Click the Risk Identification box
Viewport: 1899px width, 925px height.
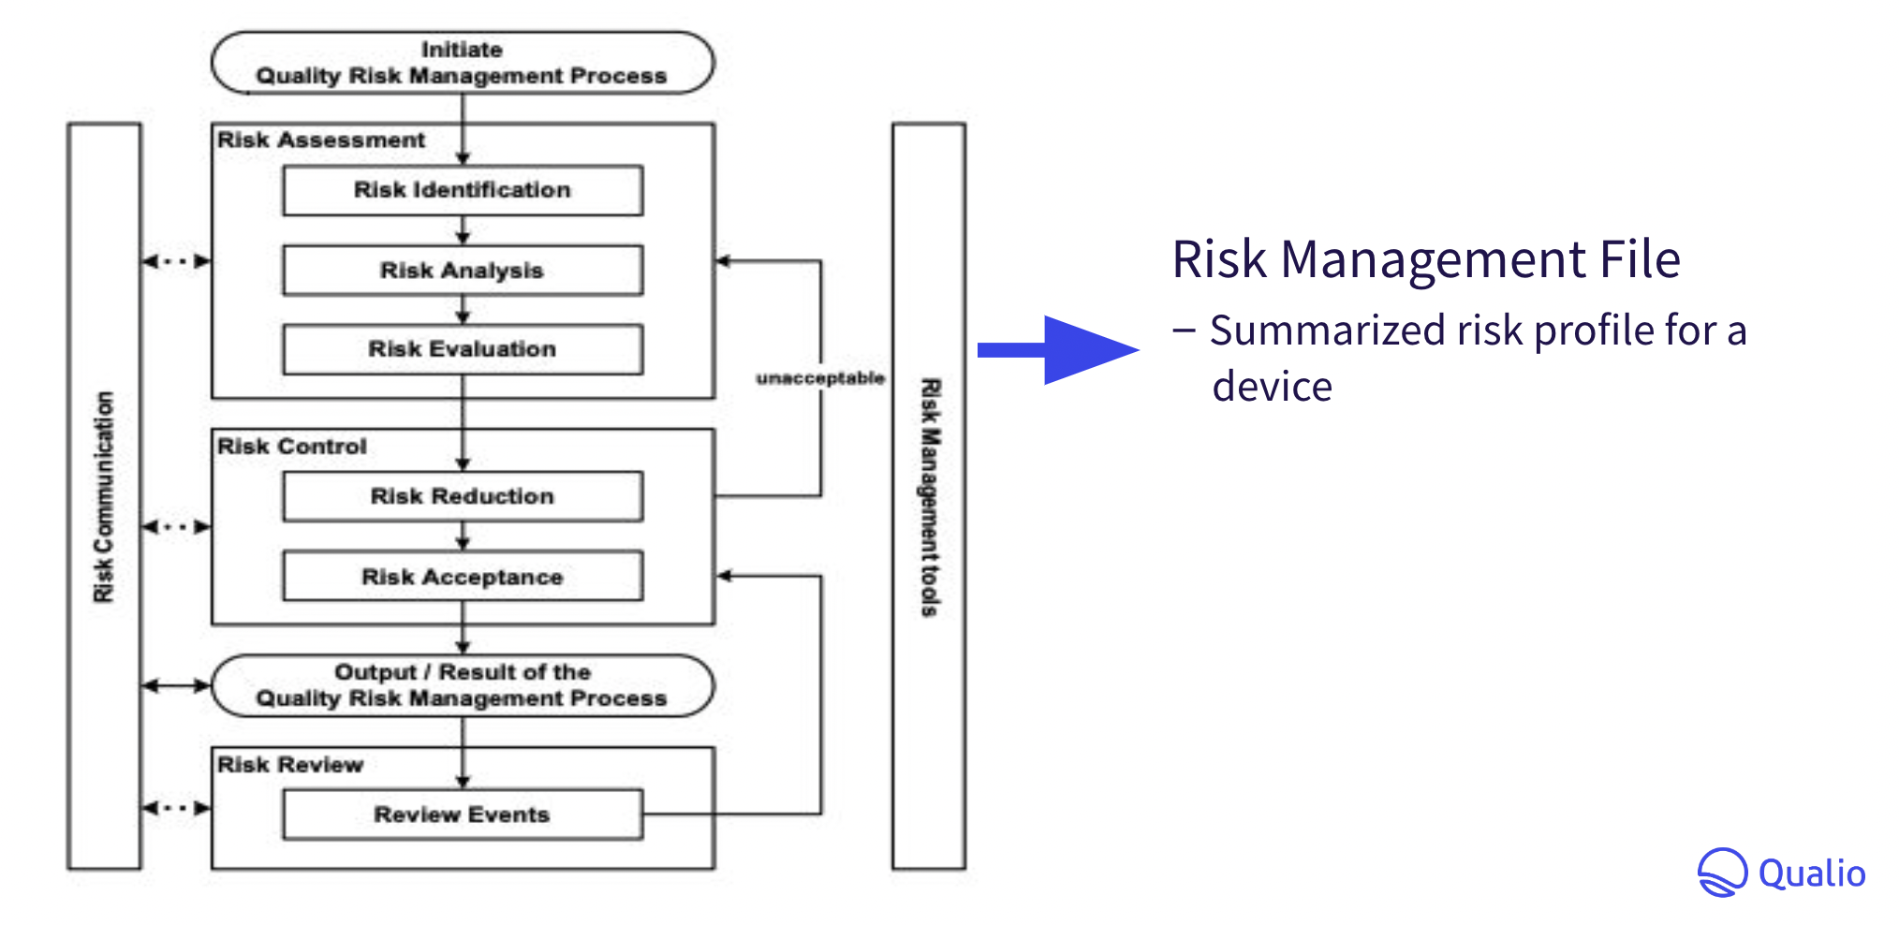pyautogui.click(x=463, y=190)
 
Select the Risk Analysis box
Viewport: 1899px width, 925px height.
pyautogui.click(x=463, y=271)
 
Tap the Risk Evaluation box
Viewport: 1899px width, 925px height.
pyautogui.click(x=463, y=349)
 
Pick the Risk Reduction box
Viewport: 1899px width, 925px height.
pyautogui.click(x=463, y=496)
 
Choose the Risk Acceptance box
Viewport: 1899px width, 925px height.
pyautogui.click(x=463, y=577)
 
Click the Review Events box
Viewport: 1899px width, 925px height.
pyautogui.click(x=463, y=815)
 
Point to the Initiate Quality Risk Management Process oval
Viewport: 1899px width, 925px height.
pyautogui.click(x=463, y=63)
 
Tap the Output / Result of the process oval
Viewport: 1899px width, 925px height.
pyautogui.click(x=463, y=685)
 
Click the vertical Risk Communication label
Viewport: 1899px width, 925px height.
pyautogui.click(x=104, y=496)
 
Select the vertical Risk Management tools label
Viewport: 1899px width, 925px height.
pyautogui.click(x=929, y=496)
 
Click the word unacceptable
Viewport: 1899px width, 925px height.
pyautogui.click(x=819, y=378)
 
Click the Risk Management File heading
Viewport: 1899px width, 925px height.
pyautogui.click(x=1425, y=259)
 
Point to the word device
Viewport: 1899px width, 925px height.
pyautogui.click(x=1272, y=387)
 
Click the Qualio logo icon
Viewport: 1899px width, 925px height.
pyautogui.click(x=1721, y=873)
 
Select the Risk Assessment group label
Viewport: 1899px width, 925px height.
pyautogui.click(x=320, y=140)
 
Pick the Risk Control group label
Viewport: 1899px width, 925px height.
pyautogui.click(x=291, y=447)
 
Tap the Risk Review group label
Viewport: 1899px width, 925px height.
pyautogui.click(x=289, y=765)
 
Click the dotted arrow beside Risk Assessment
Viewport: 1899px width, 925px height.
pyautogui.click(x=176, y=261)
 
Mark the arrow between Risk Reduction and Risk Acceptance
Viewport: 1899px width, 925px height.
pyautogui.click(x=463, y=537)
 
